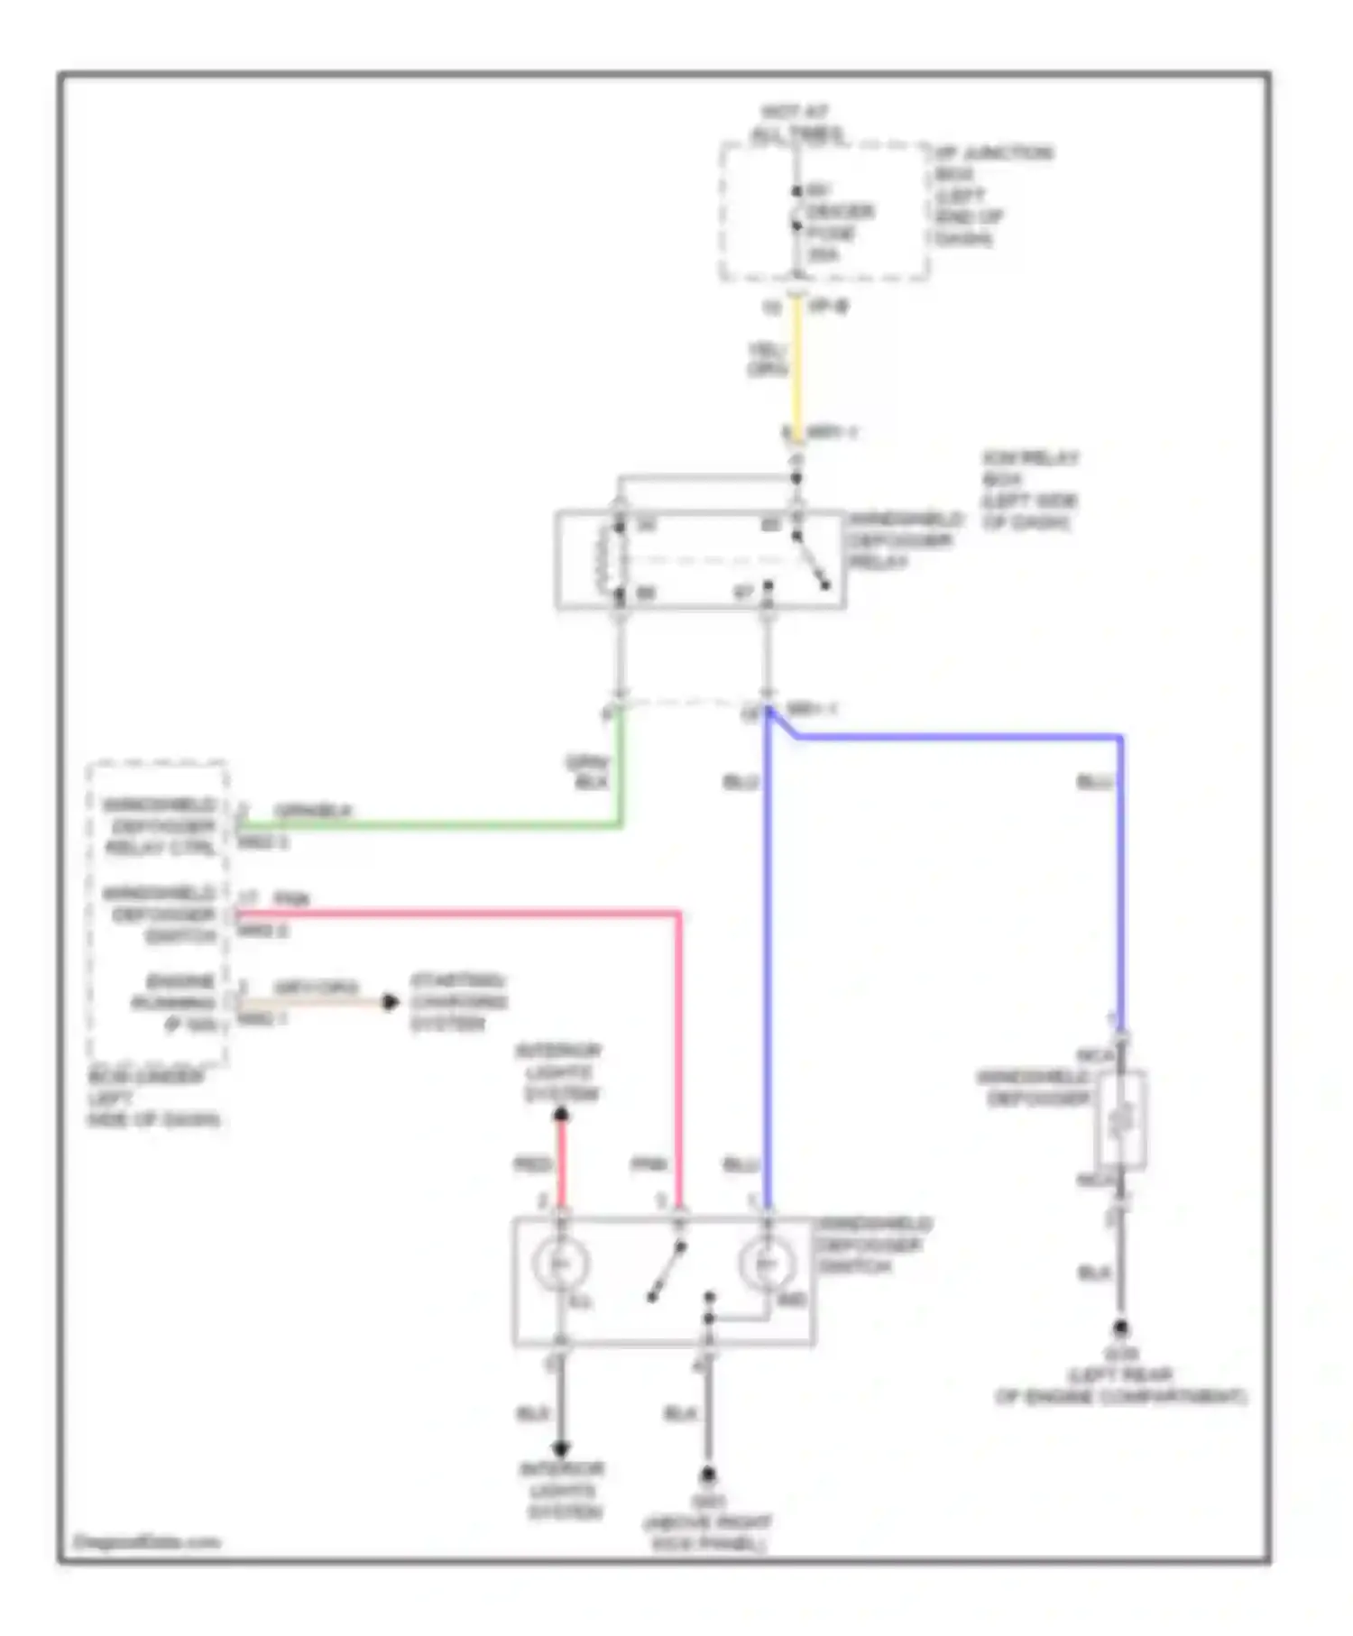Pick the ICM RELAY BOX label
1030,491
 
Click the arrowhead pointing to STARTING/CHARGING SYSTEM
390,1002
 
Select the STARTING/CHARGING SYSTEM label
459,1002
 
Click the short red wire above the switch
561,1163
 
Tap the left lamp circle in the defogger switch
561,1264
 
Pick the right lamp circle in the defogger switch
767,1264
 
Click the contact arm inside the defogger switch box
667,1272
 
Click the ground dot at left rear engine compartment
1121,1328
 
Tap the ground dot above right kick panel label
709,1475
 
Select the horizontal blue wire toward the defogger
956,737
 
